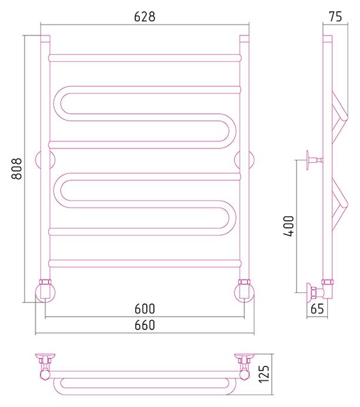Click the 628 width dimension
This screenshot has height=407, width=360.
[144, 16]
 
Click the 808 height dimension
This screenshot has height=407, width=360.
[16, 169]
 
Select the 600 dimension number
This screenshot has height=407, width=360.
[144, 308]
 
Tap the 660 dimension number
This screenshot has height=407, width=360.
[144, 325]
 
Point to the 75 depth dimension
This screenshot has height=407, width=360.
[335, 16]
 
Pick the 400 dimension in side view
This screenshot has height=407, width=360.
[288, 226]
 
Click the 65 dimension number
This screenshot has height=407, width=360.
[317, 308]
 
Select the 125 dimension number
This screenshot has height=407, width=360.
[264, 374]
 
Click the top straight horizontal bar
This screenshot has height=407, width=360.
[145, 58]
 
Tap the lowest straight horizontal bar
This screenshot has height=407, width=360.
[145, 263]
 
